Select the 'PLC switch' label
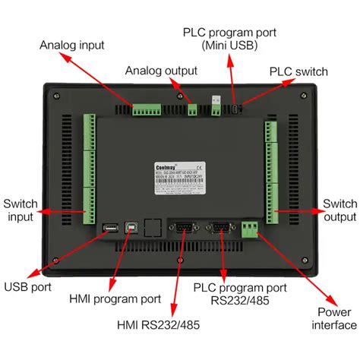[x=298, y=71]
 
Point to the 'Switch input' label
[x=20, y=211]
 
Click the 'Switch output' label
[x=339, y=211]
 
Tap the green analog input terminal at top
[x=149, y=110]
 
